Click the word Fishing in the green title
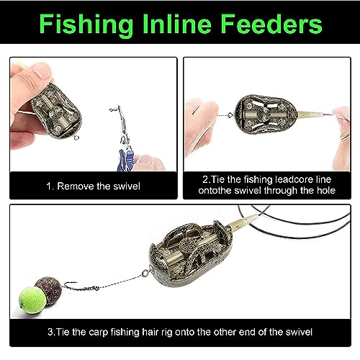tap(86, 25)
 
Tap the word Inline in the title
tap(177, 24)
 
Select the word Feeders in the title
tap(271, 24)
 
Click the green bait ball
tap(32, 300)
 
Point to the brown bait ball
tap(49, 290)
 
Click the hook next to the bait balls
tap(71, 286)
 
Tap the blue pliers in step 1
tap(125, 160)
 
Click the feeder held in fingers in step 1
tap(57, 111)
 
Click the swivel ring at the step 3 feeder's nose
tap(145, 274)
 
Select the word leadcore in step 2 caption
tap(294, 179)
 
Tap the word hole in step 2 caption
tap(326, 191)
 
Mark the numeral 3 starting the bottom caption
tap(50, 332)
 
